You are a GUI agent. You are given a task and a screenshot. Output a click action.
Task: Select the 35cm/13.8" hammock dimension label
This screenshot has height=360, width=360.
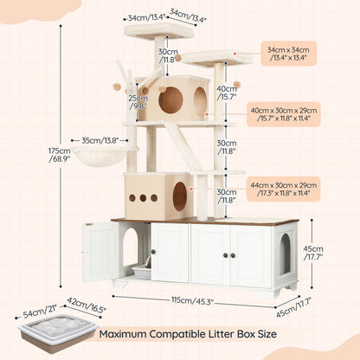click(98, 138)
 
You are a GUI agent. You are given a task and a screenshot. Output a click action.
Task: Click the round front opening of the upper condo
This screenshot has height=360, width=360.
click(170, 100)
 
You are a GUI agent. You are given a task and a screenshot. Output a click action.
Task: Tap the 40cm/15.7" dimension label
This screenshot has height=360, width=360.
click(227, 93)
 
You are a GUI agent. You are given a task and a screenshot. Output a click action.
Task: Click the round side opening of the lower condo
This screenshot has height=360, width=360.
click(180, 197)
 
